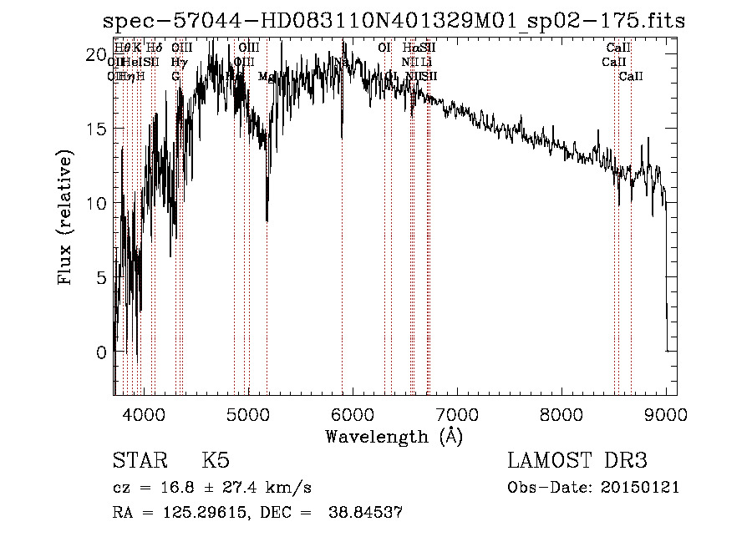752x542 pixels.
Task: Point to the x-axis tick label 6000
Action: pos(353,413)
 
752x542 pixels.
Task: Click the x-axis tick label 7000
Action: pos(457,413)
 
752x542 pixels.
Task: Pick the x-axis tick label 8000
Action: pos(561,413)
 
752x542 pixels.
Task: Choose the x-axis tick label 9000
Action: pos(665,413)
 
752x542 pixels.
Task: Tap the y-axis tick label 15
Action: pos(96,129)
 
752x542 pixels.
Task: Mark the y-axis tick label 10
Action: pos(96,204)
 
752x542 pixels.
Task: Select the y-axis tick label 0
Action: pos(101,352)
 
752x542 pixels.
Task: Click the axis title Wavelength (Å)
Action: pos(394,436)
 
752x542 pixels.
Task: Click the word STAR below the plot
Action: pos(139,461)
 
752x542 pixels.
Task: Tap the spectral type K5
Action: pos(215,461)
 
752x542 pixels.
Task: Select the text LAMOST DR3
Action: pos(577,461)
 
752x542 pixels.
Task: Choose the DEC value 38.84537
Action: pos(365,513)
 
